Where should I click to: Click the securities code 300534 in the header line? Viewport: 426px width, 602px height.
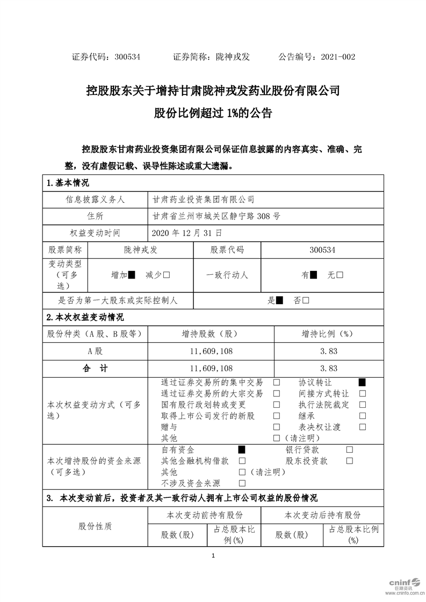click(x=127, y=56)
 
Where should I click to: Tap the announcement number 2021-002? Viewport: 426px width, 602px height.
click(x=337, y=56)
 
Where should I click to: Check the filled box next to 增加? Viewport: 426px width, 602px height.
click(x=132, y=275)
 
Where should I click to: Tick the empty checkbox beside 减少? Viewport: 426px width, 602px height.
click(x=167, y=275)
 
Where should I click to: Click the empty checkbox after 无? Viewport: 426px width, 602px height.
click(x=340, y=275)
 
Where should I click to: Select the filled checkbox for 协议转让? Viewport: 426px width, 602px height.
click(x=362, y=383)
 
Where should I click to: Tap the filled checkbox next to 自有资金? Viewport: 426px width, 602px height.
click(x=242, y=450)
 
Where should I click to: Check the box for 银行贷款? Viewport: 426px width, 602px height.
click(x=350, y=450)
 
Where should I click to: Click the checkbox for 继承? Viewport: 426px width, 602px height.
click(x=362, y=416)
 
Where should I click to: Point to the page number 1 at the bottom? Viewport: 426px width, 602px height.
click(x=213, y=555)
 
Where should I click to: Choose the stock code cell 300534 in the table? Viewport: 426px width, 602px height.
click(x=322, y=249)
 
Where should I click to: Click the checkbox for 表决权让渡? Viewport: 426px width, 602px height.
click(x=362, y=427)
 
